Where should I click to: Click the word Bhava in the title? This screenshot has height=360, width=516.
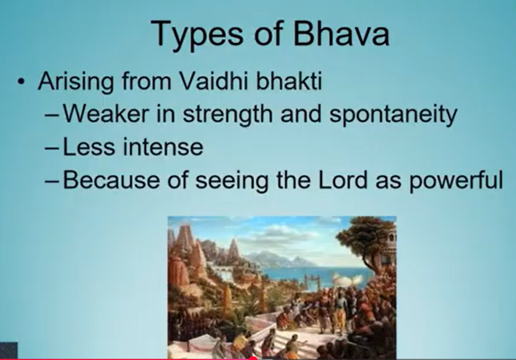coord(342,33)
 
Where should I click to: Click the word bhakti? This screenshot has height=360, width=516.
coord(288,80)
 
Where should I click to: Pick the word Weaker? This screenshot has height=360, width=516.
coord(106,114)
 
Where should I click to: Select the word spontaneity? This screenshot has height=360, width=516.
coord(393,115)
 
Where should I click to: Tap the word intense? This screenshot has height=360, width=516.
coord(163,147)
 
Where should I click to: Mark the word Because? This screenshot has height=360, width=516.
coord(111,180)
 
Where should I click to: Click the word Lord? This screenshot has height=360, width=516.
coord(343,180)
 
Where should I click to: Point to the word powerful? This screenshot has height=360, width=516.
coord(456,181)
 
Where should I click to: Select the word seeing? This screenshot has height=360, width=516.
coord(232,181)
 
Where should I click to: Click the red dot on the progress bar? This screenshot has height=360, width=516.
coord(252,358)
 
